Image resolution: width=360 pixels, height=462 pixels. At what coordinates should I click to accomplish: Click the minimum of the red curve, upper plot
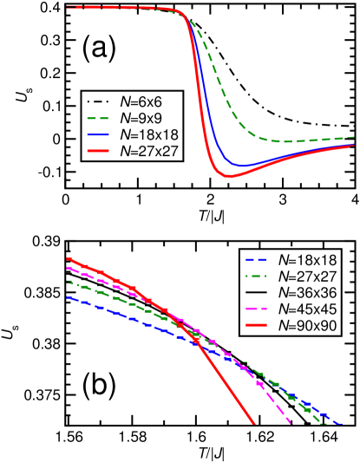pyautogui.click(x=231, y=176)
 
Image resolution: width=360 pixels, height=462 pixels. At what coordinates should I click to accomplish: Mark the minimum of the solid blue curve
pyautogui.click(x=243, y=166)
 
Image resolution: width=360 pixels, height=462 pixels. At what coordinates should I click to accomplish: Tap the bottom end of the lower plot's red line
pyautogui.click(x=254, y=425)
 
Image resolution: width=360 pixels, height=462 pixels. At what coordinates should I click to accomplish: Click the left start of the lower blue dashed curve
pyautogui.click(x=67, y=296)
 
